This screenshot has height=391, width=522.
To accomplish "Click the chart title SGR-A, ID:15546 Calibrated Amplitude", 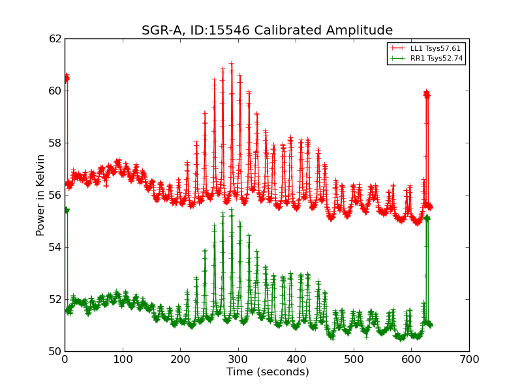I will click(267, 31).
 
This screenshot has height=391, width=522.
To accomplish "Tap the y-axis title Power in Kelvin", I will click(40, 195).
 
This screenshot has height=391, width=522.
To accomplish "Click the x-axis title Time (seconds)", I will click(268, 372).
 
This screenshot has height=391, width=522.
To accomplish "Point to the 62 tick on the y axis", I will click(55, 39).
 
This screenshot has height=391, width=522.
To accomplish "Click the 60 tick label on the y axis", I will click(55, 91).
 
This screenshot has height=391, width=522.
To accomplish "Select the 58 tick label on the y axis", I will click(55, 143).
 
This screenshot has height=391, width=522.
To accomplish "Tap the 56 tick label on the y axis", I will click(55, 195).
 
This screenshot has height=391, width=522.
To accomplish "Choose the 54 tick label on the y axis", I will click(55, 248).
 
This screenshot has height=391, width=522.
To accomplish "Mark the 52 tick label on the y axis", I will click(55, 300).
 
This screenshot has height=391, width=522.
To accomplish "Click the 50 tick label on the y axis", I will click(55, 352).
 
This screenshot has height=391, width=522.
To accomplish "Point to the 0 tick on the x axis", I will click(65, 358).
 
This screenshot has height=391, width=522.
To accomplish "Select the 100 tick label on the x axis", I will click(123, 358).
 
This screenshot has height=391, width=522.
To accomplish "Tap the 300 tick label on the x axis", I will click(238, 358).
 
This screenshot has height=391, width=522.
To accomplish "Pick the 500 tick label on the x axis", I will click(354, 358).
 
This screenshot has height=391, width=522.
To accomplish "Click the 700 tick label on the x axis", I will click(469, 358).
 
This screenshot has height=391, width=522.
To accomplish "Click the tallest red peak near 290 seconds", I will click(231, 64).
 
